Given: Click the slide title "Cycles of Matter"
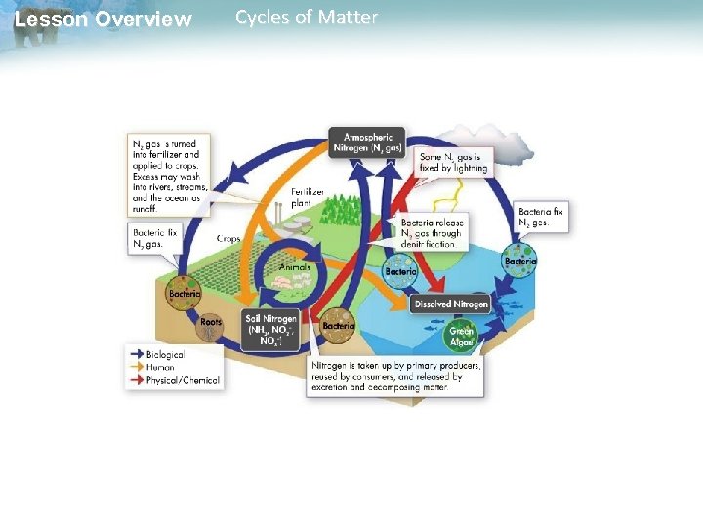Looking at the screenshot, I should pos(307,18).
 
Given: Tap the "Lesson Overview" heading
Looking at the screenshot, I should pos(103,19).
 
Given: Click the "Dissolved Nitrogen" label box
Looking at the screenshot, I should pos(451,304).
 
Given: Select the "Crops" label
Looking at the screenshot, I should pos(229,238).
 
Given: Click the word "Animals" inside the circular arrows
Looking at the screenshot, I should pos(295,266).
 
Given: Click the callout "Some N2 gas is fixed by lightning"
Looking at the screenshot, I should pos(454,161).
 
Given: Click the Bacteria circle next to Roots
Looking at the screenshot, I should pos(185,294).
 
